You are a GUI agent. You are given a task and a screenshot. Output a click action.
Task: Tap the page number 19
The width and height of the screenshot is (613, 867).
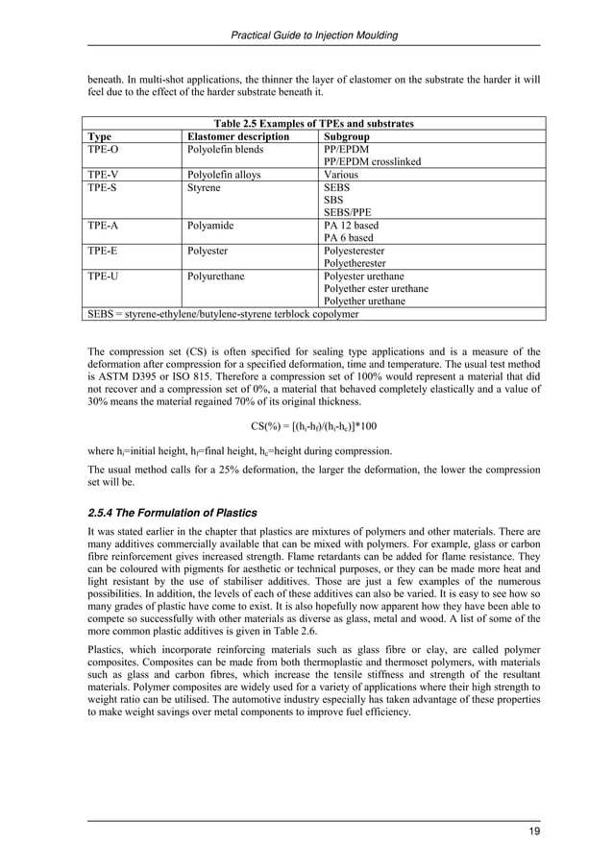point(533,831)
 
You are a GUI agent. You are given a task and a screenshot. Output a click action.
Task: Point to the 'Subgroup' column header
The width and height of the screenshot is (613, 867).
point(349,137)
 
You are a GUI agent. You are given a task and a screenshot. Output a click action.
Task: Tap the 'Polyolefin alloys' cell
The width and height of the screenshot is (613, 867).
point(224,176)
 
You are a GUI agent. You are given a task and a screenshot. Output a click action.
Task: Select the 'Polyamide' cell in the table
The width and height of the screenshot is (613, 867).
point(211,226)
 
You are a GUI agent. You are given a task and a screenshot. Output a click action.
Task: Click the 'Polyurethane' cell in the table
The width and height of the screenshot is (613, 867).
point(216,276)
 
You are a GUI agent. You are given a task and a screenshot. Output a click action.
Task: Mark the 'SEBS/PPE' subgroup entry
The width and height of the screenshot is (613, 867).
point(346,212)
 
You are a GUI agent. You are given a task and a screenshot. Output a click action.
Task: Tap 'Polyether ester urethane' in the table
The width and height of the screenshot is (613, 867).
point(377,288)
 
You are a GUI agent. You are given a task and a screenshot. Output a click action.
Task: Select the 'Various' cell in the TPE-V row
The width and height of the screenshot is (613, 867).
point(342,176)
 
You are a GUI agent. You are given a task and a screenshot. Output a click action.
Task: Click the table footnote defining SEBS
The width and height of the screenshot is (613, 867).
point(223,313)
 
